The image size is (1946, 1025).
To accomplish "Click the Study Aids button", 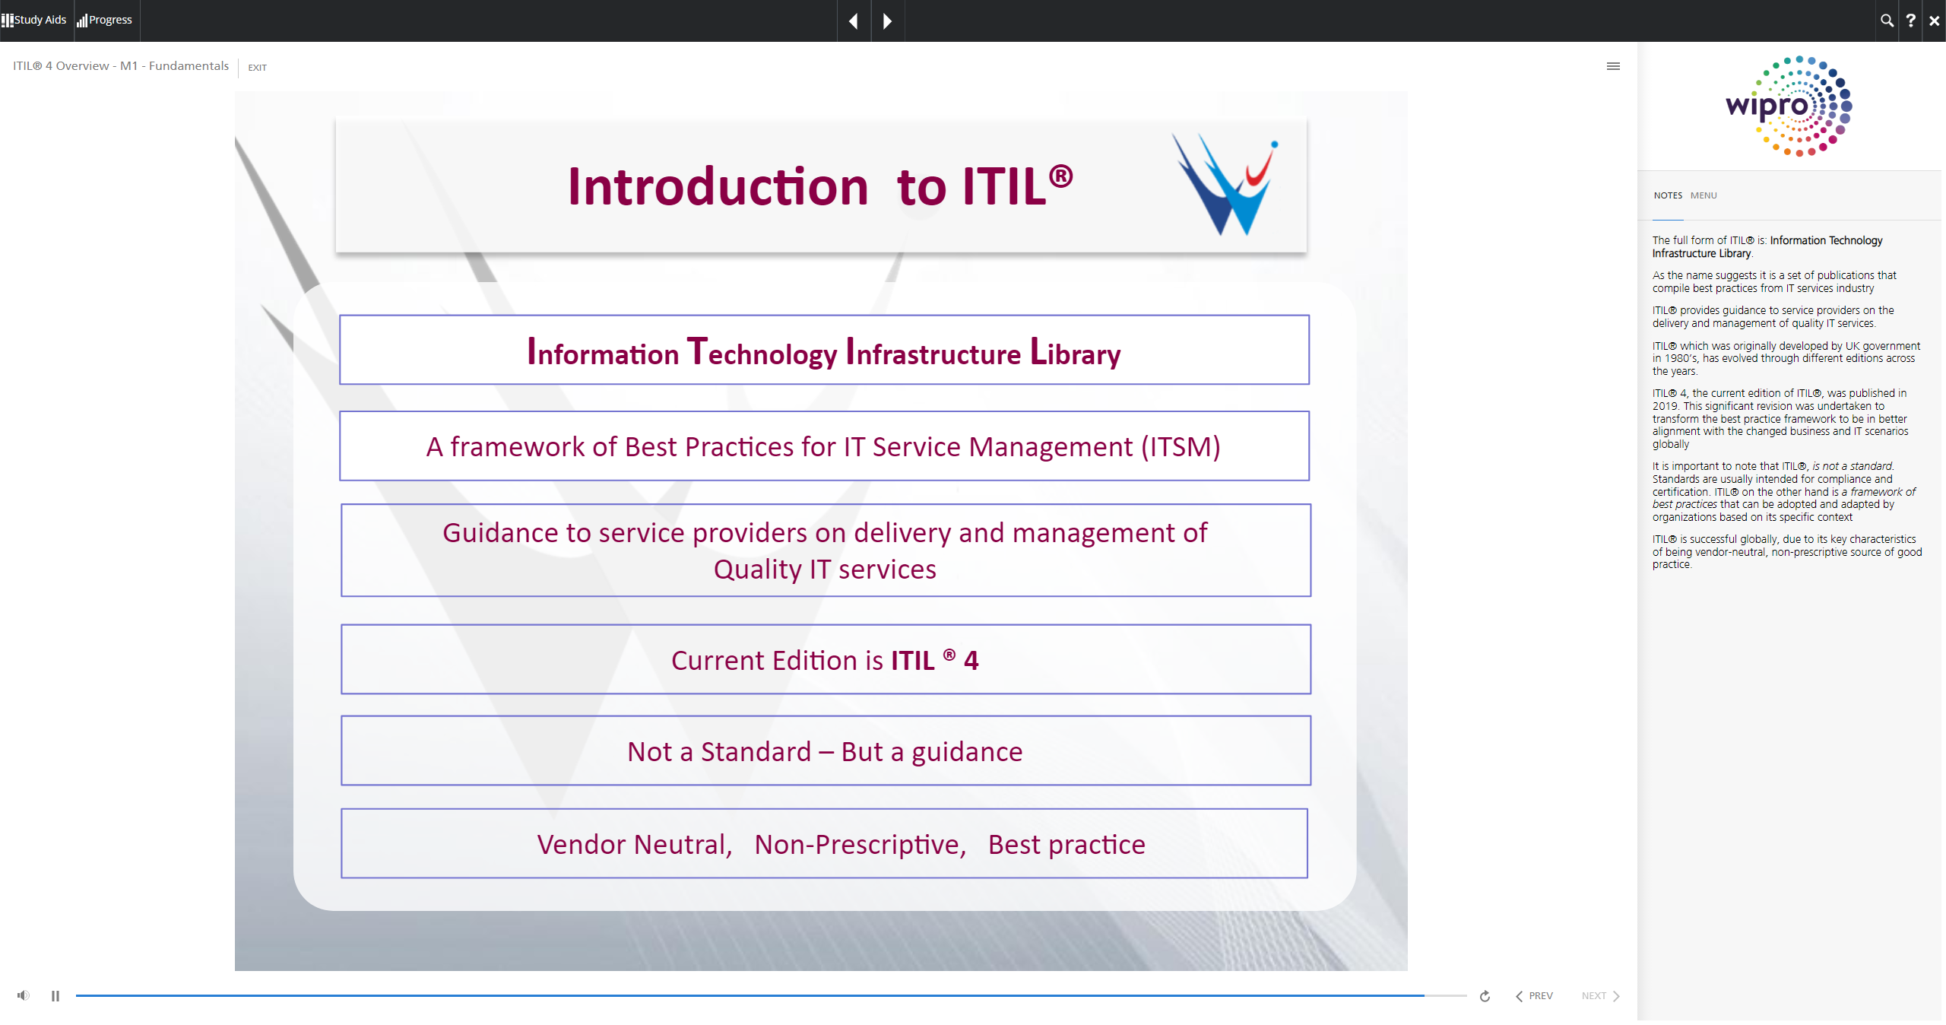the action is [34, 20].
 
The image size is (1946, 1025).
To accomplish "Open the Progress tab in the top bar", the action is [105, 20].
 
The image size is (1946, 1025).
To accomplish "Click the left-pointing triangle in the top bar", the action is [854, 21].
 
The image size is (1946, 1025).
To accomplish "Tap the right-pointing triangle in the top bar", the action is [887, 21].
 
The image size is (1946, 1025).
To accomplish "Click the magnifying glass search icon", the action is [1887, 21].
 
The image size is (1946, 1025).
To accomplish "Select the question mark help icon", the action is [1910, 21].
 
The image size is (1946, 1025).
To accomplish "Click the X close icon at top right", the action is [1934, 21].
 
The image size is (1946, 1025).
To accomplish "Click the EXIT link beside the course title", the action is [258, 68].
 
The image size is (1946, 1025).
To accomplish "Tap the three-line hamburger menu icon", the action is [1613, 66].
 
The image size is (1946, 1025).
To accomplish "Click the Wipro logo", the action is [1789, 106].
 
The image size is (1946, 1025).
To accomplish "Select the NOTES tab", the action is [1668, 195].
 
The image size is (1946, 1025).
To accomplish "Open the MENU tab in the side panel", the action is [1704, 195].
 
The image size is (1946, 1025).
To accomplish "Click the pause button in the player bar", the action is [55, 995].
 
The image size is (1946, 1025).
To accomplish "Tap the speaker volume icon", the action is [24, 995].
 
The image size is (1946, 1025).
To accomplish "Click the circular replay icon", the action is [1485, 996].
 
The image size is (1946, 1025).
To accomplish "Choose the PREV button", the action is [1534, 996].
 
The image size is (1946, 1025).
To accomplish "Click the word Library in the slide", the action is [1075, 352].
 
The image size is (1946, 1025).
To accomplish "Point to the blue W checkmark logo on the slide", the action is [1225, 185].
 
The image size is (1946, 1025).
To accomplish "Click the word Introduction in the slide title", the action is [718, 186].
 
